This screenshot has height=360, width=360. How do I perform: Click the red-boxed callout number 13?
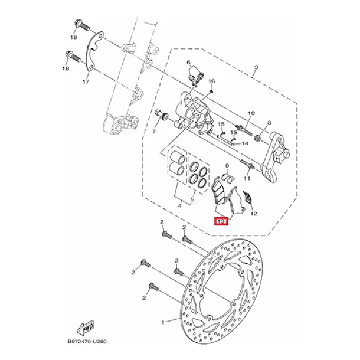(221, 221)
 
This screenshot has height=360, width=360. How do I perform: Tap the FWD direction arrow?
(86, 328)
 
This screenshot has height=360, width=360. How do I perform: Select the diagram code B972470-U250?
(87, 341)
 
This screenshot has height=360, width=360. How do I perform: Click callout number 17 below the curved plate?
(86, 81)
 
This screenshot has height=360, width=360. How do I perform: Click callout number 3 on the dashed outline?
(256, 67)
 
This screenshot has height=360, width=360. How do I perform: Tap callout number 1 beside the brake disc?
(163, 323)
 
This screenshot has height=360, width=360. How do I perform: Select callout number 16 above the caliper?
(212, 81)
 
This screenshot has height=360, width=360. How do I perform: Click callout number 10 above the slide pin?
(251, 113)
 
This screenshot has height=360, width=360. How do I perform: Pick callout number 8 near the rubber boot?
(269, 123)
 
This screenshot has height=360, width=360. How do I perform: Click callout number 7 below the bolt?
(154, 132)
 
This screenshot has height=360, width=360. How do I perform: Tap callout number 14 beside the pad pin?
(245, 143)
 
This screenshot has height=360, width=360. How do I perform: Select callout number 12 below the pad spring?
(254, 214)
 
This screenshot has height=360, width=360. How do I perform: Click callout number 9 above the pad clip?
(227, 165)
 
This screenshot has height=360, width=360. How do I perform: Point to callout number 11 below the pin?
(247, 178)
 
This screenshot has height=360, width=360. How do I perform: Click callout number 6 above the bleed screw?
(189, 62)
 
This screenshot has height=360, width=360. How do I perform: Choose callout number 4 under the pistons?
(180, 206)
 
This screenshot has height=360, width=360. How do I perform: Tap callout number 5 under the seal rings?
(192, 199)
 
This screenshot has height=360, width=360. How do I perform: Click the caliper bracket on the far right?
(274, 157)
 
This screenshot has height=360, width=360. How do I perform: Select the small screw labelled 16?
(211, 91)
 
